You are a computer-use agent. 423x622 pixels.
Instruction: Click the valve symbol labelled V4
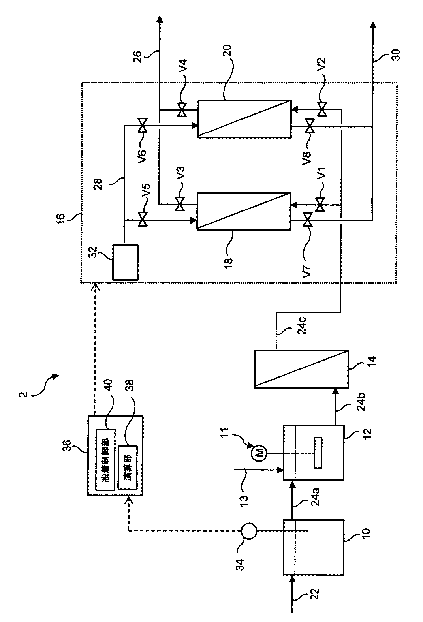pos(182,109)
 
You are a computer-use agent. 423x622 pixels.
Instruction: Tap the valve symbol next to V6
pos(143,126)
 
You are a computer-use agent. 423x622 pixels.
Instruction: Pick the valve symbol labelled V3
pos(180,205)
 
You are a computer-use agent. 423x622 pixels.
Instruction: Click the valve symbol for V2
pos(322,109)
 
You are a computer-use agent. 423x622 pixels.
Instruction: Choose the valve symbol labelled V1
pos(320,205)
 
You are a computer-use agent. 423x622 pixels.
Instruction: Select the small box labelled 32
pos(125,262)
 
